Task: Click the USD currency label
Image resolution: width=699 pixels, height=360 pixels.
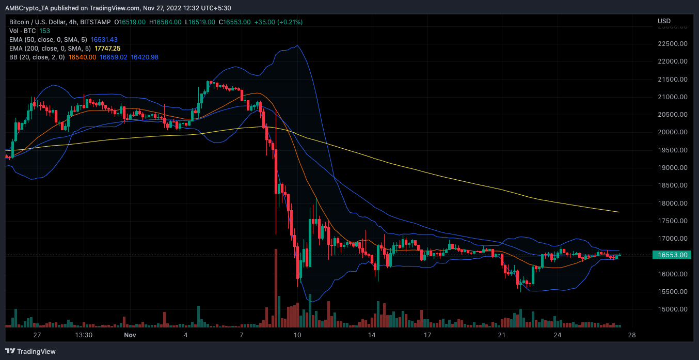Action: [664, 21]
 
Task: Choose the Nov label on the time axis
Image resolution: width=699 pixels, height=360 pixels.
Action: [130, 335]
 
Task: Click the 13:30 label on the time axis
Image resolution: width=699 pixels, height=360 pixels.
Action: [84, 335]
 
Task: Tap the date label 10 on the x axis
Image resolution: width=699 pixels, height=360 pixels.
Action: [297, 335]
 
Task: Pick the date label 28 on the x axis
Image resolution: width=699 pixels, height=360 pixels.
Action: [631, 335]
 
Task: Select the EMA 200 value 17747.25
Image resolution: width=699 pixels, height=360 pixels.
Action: [107, 48]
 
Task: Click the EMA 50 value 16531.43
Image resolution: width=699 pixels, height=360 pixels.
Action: [104, 39]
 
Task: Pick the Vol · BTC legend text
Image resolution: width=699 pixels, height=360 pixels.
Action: [22, 30]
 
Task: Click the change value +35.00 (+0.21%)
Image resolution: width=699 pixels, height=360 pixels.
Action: [279, 22]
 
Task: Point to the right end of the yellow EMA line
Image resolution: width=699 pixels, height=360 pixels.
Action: [619, 212]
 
